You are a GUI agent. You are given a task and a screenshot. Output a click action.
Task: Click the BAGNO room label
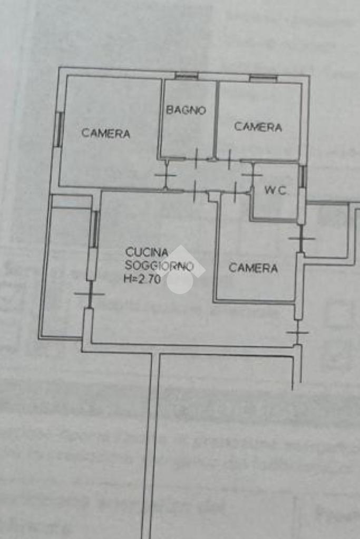tap(186, 110)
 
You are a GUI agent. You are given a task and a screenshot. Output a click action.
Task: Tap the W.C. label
tap(275, 190)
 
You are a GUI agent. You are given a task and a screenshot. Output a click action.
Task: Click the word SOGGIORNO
tap(159, 266)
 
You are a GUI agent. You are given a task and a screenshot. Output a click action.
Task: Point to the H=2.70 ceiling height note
tap(142, 279)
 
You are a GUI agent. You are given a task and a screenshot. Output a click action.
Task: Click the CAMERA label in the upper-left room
tap(105, 133)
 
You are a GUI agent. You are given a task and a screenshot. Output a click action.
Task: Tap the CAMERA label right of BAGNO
tap(258, 127)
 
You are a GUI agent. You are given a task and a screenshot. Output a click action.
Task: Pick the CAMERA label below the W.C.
tap(253, 268)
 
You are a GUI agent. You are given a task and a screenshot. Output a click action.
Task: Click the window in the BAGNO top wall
tap(186, 76)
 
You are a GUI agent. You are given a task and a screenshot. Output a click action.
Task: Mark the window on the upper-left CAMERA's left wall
tap(59, 129)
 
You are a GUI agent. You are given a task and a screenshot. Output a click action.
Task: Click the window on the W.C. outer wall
tap(302, 177)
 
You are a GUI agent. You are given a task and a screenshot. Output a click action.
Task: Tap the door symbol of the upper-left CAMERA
tap(166, 175)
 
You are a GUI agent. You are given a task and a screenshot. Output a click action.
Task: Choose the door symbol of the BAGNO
tap(196, 159)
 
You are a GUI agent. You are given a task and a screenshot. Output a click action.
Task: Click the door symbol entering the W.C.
tap(252, 178)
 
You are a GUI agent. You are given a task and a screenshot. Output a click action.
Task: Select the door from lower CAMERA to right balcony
tap(301, 238)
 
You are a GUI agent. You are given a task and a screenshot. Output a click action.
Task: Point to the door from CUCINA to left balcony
tap(90, 294)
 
